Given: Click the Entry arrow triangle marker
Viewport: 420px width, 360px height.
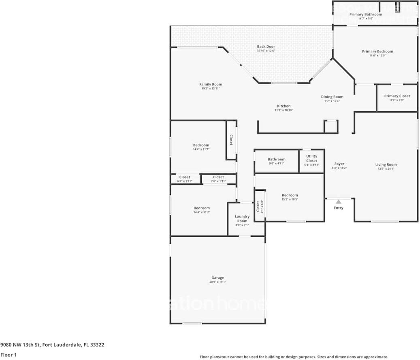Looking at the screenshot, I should click(338, 202).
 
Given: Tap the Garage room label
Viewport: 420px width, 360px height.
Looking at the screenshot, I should click(217, 278).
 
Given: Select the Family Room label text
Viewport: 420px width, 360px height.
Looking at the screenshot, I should click(211, 85).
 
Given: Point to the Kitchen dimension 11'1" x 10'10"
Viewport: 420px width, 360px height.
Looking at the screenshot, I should click(284, 110).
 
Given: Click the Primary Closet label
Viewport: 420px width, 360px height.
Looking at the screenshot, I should click(397, 96).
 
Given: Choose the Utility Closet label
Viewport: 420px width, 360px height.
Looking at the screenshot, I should click(311, 158).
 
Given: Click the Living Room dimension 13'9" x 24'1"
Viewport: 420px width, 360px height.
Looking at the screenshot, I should click(386, 169).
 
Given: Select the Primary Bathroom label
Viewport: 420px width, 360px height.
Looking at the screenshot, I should click(365, 15).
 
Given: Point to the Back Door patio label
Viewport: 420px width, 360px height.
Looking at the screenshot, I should click(266, 47).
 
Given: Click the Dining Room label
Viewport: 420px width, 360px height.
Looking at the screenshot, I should click(332, 97).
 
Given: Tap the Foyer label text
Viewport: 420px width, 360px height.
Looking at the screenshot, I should click(339, 164).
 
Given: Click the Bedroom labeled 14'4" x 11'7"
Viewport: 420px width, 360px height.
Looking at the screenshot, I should click(201, 145).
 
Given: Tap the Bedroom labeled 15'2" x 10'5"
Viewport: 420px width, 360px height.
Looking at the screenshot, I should click(290, 195).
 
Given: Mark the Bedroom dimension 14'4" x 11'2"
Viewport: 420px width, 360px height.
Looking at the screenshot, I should click(202, 212).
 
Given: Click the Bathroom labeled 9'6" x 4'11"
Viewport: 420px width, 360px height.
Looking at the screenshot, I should click(277, 160).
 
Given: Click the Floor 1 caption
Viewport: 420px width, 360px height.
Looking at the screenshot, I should click(8, 355).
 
